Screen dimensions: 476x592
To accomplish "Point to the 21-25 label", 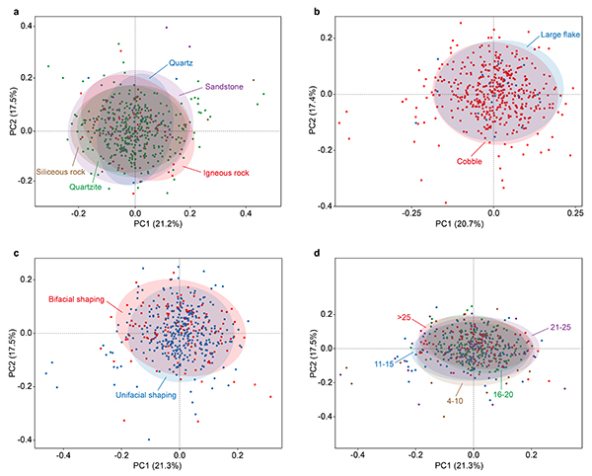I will [557, 322].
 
